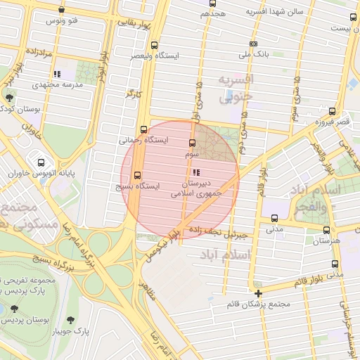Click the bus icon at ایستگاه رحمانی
point(144,129)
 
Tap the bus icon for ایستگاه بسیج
point(137,175)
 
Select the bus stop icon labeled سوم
point(193,143)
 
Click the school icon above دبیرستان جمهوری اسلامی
point(195,172)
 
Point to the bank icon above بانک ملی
point(254,44)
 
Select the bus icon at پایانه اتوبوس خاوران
point(41,162)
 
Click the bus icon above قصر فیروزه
point(332,110)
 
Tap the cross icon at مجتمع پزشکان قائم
point(259,292)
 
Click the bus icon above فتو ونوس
point(63,11)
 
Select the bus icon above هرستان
point(326,230)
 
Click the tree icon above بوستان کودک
point(8,98)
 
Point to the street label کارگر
point(134,92)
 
